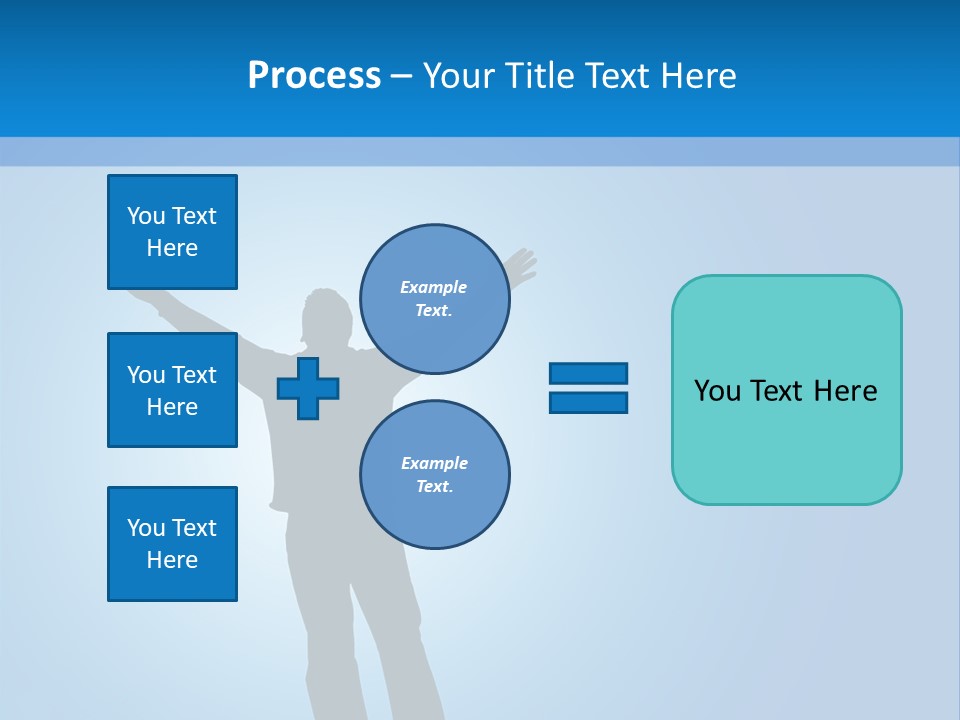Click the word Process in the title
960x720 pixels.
(314, 76)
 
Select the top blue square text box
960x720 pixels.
(172, 232)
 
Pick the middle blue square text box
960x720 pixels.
(172, 390)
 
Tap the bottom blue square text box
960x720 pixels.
(172, 544)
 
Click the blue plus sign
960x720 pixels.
(308, 388)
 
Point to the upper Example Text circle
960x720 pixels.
(434, 299)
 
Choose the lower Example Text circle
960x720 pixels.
(434, 475)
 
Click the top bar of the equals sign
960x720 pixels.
(588, 373)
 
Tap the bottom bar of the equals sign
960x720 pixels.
(588, 402)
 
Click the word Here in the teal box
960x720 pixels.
(845, 391)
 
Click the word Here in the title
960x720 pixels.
(699, 76)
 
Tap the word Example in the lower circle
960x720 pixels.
(434, 463)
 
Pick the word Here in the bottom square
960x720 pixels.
(172, 560)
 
